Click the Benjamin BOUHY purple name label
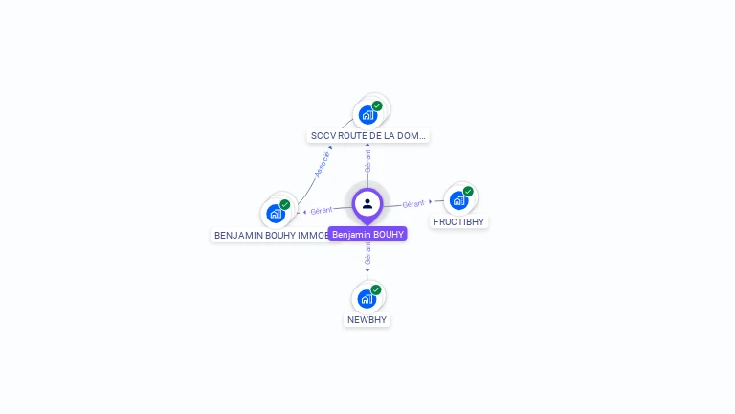click(x=367, y=234)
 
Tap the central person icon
click(x=367, y=203)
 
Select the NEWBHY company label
click(x=367, y=319)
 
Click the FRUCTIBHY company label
click(x=459, y=221)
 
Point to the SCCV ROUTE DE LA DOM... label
click(x=368, y=136)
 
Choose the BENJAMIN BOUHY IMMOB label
click(x=272, y=235)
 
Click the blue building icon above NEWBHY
click(x=366, y=299)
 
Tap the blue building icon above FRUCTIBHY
click(x=458, y=200)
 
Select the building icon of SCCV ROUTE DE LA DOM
click(x=367, y=115)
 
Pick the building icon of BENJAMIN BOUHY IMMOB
click(x=275, y=214)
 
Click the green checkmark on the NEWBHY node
click(x=376, y=289)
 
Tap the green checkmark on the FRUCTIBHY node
click(x=468, y=191)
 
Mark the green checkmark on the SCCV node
click(x=377, y=105)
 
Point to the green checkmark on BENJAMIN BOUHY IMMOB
click(x=285, y=204)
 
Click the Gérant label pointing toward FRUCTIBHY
click(x=413, y=204)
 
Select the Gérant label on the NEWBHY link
click(x=367, y=253)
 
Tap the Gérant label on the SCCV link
click(x=367, y=160)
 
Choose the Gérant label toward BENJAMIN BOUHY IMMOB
click(x=322, y=210)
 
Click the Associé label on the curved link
click(x=323, y=164)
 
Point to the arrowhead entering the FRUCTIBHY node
click(x=432, y=201)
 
